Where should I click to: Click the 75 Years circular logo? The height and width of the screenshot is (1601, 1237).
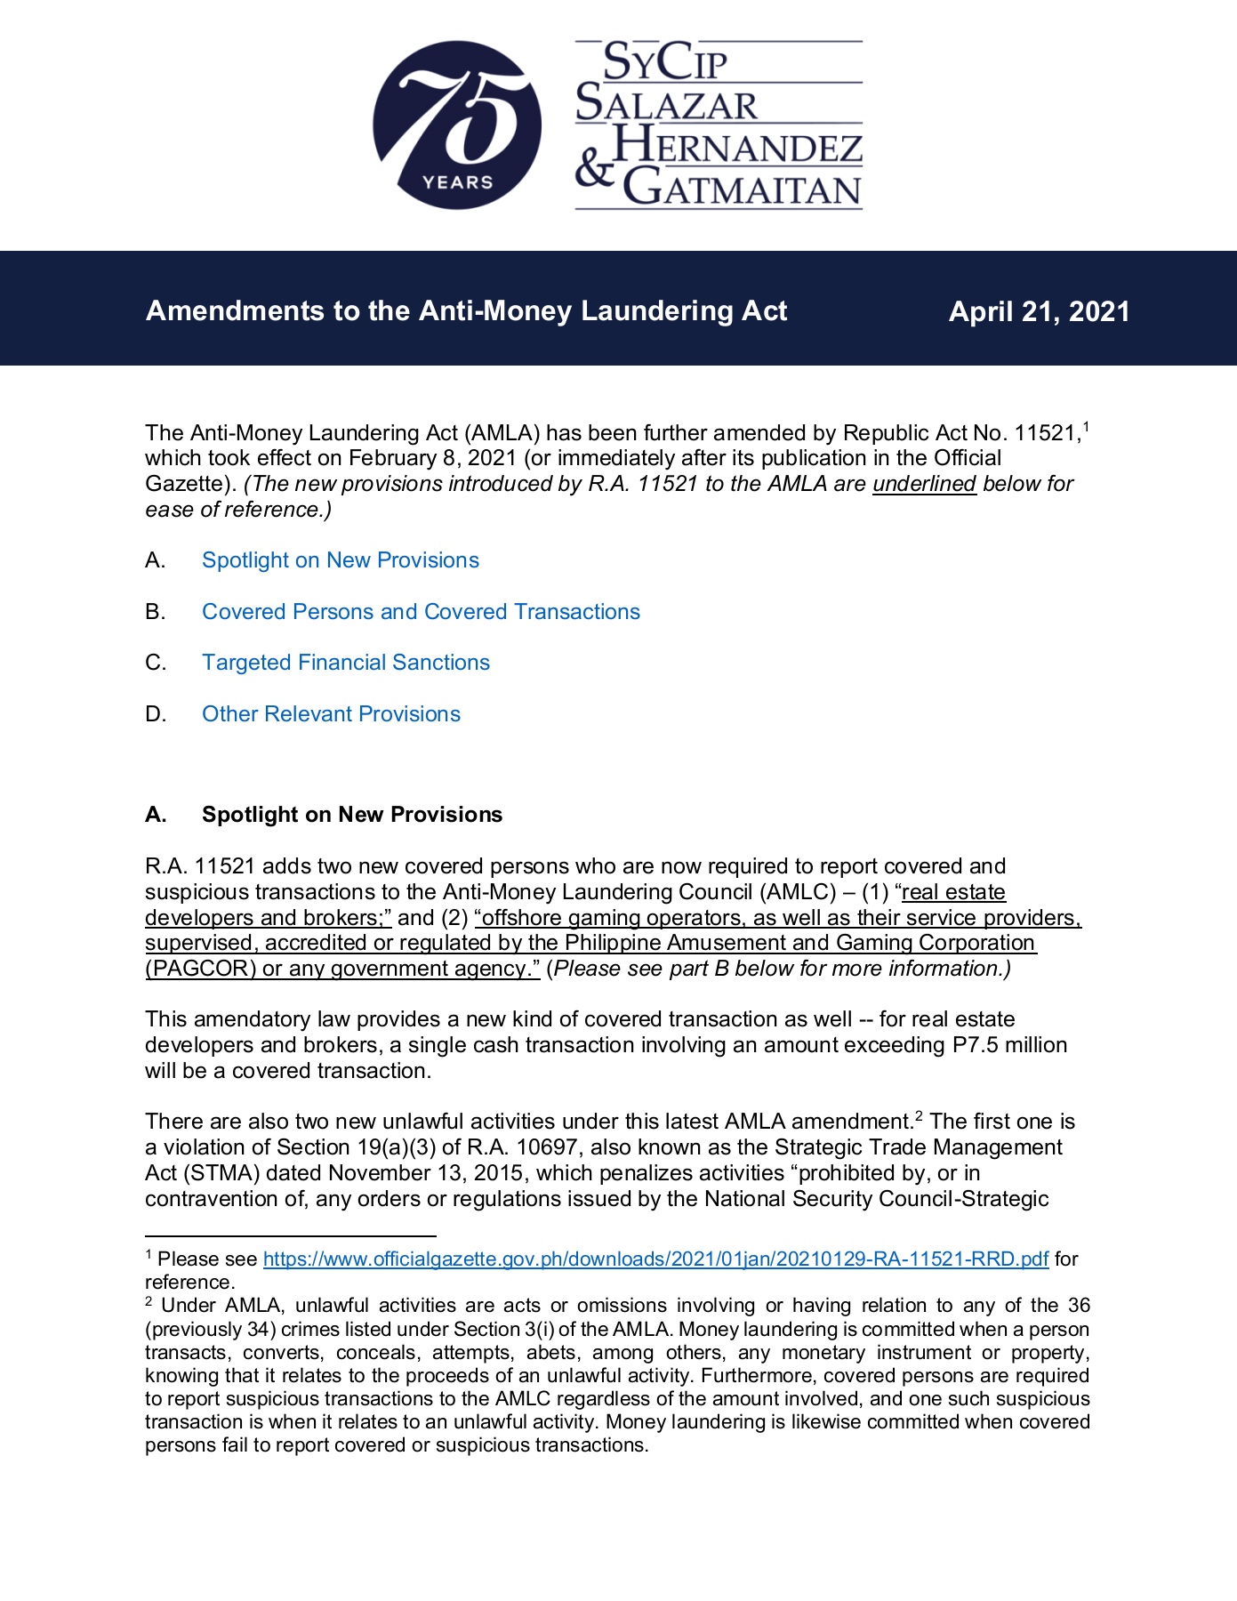click(456, 125)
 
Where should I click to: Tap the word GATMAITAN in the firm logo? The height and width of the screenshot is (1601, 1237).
click(743, 188)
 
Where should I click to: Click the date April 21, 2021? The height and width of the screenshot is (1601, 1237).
click(1039, 311)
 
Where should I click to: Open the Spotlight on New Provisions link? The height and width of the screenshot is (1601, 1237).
click(340, 560)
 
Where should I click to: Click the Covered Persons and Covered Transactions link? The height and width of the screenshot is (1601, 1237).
click(421, 612)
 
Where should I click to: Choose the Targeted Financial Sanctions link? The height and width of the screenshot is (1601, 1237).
click(345, 663)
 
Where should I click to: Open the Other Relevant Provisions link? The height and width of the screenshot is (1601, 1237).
click(331, 714)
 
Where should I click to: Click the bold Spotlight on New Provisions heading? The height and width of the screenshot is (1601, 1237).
click(351, 815)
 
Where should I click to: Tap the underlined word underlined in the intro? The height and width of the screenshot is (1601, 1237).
click(924, 484)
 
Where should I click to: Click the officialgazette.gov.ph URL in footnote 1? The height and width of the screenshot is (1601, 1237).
click(655, 1259)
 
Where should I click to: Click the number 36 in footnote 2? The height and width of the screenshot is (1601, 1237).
click(1079, 1306)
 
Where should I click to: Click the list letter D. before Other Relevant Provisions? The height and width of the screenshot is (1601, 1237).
click(156, 714)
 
